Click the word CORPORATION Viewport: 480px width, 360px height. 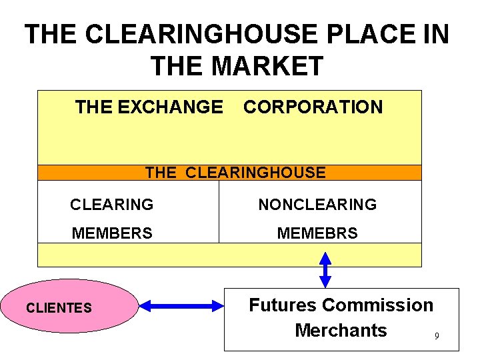tap(313, 107)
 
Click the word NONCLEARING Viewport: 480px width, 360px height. tap(317, 205)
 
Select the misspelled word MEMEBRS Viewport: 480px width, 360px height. tap(317, 233)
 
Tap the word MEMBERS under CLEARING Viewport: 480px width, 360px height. tap(112, 233)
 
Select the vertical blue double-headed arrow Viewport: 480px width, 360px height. tap(325, 269)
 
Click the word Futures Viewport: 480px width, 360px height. tap(282, 305)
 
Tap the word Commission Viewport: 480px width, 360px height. tap(377, 305)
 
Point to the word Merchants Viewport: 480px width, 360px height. tap(341, 330)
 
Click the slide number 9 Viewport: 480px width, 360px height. tap(437, 336)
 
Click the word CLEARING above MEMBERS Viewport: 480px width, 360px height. tap(112, 205)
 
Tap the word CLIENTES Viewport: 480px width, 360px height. tap(58, 307)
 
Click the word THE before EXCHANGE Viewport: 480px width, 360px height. tap(94, 107)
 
